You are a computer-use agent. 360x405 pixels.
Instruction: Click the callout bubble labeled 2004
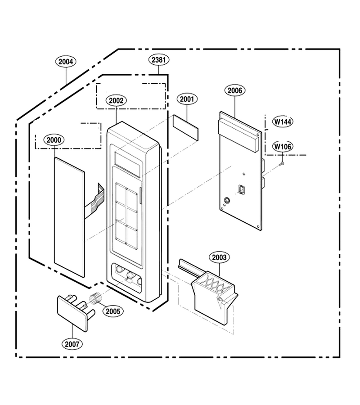pos(66,62)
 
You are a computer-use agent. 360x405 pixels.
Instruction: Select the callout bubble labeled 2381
pos(159,60)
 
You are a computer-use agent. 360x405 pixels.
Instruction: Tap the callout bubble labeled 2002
pos(116,100)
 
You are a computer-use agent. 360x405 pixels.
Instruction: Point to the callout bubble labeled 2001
pos(187,99)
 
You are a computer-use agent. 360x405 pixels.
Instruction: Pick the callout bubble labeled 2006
pos(235,90)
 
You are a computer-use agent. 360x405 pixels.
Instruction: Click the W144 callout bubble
pos(283,121)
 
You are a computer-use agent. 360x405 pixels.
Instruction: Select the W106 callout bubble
pos(283,147)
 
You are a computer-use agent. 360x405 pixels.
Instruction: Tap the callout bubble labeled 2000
pos(54,140)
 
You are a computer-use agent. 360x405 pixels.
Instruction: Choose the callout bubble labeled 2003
pos(219,257)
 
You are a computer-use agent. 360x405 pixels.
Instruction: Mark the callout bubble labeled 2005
pos(113,311)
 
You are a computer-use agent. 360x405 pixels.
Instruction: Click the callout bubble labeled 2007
pos(72,344)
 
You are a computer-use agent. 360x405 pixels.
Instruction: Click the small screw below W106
pos(282,163)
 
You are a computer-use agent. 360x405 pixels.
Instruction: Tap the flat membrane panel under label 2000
pos(69,217)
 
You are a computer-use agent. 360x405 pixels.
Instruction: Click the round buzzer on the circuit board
pos(227,200)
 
